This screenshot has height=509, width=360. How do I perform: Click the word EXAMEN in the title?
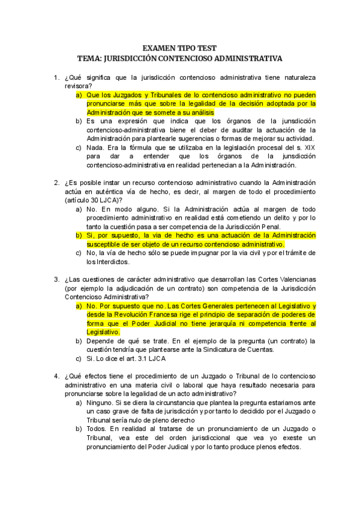[x=158, y=48]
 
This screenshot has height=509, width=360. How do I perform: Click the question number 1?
[x=56, y=78]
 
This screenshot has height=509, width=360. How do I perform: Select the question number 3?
[x=56, y=280]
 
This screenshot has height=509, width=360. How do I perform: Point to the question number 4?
[x=56, y=376]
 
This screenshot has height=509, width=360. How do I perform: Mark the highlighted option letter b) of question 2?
[x=79, y=235]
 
